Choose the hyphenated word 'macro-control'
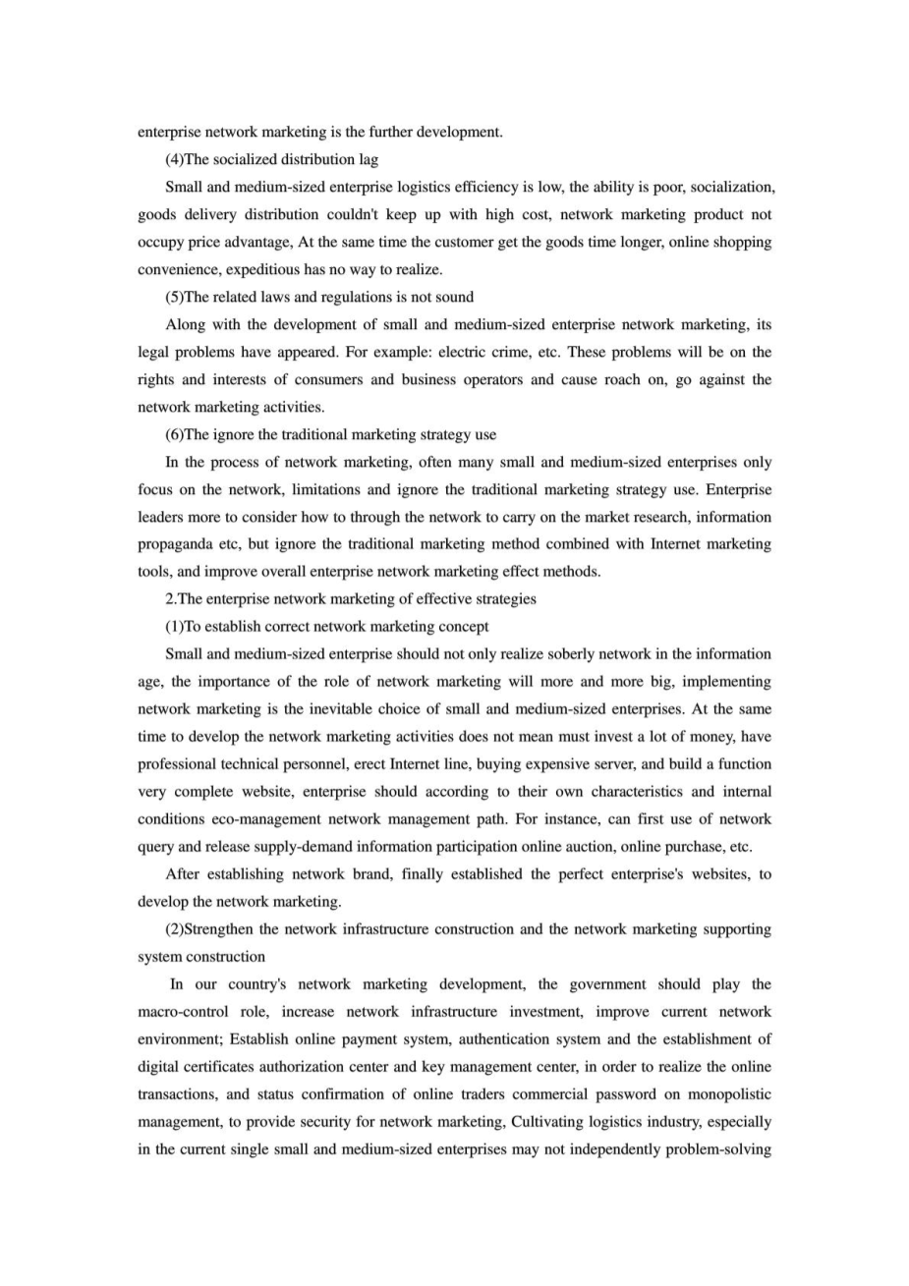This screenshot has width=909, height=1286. pos(182,1012)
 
